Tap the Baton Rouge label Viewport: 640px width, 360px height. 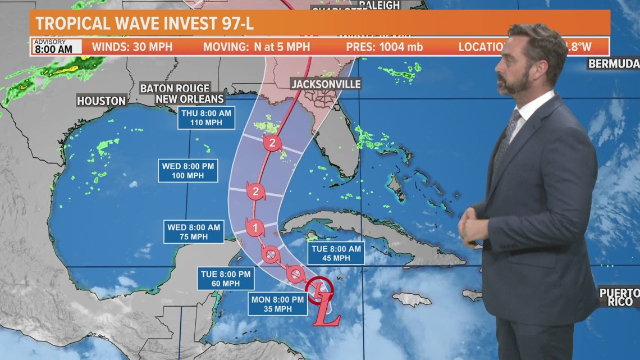pyautogui.click(x=175, y=88)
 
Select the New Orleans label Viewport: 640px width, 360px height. pyautogui.click(x=182, y=99)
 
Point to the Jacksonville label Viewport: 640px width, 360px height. pyautogui.click(x=326, y=84)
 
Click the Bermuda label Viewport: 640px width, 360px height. pyautogui.click(x=614, y=63)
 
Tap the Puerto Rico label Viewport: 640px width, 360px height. pyautogui.click(x=620, y=297)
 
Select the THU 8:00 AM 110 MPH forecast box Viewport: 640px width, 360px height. pyautogui.click(x=206, y=118)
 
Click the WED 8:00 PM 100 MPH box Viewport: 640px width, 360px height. pyautogui.click(x=188, y=170)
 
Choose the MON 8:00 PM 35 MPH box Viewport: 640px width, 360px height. pyautogui.click(x=277, y=304)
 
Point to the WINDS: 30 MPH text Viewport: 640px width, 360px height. pyautogui.click(x=132, y=47)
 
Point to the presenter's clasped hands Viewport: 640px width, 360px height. pyautogui.click(x=470, y=224)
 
